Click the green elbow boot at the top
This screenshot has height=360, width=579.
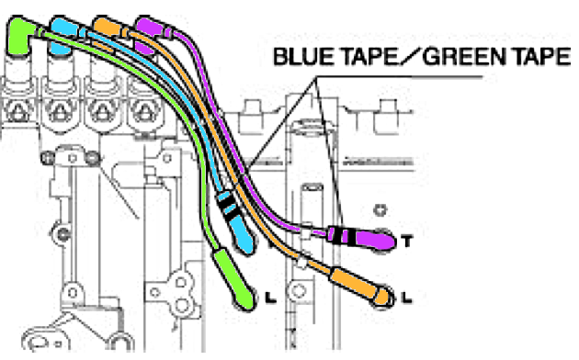[18, 35]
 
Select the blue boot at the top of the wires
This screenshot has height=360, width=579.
[63, 30]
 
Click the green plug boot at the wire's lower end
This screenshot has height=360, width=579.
[234, 278]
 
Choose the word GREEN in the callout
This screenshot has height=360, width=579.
[463, 57]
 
